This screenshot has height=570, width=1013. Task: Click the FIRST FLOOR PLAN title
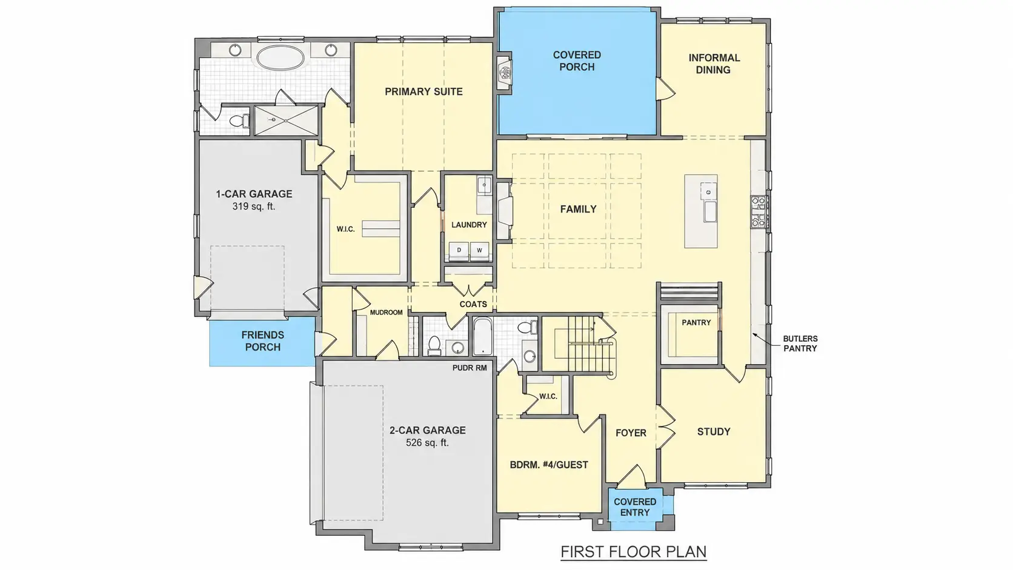click(634, 552)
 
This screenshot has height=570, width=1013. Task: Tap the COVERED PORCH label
click(577, 61)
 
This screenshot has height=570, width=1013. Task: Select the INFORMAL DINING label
click(714, 64)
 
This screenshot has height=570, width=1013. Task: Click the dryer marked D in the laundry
click(459, 250)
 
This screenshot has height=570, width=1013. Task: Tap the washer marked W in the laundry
click(479, 250)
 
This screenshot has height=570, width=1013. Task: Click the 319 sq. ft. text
click(254, 207)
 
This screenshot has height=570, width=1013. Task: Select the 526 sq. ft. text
click(427, 443)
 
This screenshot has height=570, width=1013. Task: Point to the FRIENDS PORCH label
click(263, 341)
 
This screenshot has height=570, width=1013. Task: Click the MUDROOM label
click(386, 313)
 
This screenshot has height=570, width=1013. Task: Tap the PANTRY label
click(697, 323)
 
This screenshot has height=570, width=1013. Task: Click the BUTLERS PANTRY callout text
click(800, 343)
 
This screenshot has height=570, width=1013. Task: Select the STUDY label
click(714, 432)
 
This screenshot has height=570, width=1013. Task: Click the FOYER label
click(631, 433)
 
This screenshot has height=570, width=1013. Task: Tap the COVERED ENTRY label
click(635, 507)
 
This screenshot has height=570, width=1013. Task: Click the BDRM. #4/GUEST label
click(549, 465)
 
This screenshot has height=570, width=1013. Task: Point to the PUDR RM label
click(470, 368)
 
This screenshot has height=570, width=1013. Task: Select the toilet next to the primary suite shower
click(238, 121)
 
